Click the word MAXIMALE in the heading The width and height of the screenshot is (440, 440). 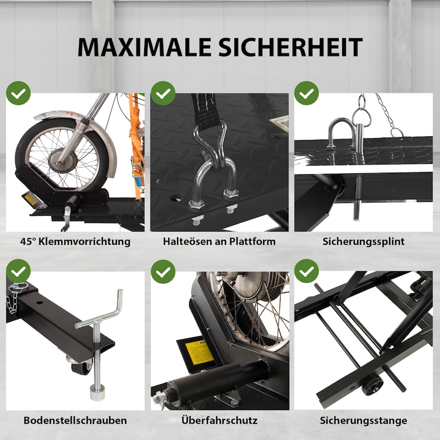click(x=145, y=47)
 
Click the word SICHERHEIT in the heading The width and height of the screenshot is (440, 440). click(x=290, y=47)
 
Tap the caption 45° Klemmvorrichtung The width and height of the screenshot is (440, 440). click(x=75, y=241)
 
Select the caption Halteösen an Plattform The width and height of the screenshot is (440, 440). click(x=219, y=241)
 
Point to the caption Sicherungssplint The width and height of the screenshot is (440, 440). click(x=364, y=241)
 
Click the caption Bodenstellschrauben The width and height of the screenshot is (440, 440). click(x=75, y=420)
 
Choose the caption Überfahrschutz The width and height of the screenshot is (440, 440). click(x=219, y=420)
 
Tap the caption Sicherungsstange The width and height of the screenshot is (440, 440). click(x=364, y=420)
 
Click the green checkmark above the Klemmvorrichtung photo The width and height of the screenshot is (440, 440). click(x=18, y=93)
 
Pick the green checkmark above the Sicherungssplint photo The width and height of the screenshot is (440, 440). click(x=306, y=93)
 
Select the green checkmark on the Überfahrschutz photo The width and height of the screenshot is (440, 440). click(x=163, y=271)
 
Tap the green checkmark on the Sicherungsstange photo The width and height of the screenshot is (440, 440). click(x=306, y=271)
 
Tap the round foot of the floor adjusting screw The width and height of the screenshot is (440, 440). click(x=97, y=392)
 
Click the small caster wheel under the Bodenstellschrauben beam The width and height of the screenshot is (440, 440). click(x=81, y=367)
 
